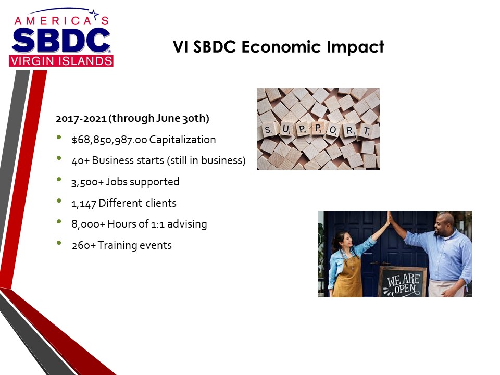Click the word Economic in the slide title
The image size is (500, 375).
coord(281,46)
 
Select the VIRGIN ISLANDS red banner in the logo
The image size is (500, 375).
coord(61,61)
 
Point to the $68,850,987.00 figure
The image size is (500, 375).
coord(109,140)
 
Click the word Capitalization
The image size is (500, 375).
coord(182,140)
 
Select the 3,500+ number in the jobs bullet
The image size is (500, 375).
coord(87,182)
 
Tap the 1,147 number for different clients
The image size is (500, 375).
coord(83,204)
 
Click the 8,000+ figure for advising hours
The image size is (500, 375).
coord(88,224)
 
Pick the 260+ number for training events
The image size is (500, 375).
coord(83,245)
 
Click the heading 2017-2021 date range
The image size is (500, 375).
coord(81,119)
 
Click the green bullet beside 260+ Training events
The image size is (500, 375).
coord(59,243)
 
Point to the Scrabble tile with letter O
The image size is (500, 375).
coord(333,130)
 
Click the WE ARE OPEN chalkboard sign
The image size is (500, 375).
coord(403,282)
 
